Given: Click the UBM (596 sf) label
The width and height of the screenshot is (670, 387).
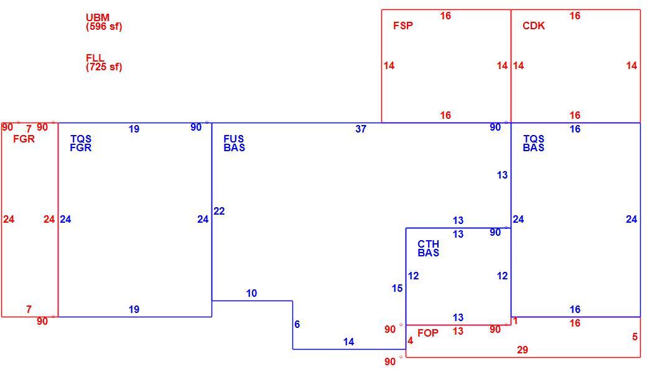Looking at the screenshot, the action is click(104, 22).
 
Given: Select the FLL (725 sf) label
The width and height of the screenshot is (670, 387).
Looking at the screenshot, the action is click(104, 62).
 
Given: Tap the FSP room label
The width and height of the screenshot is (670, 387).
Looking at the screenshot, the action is click(403, 26).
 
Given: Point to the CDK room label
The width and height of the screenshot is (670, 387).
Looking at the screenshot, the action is click(534, 26).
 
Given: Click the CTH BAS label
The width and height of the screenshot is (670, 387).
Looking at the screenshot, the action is click(428, 248).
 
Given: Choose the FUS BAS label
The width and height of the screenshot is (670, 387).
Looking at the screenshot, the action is click(234, 143).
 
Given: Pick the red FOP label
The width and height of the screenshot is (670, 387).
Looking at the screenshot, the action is click(428, 333).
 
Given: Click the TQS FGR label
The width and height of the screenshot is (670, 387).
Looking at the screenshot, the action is click(81, 143).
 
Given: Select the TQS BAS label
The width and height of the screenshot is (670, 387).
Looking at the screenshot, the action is click(534, 143).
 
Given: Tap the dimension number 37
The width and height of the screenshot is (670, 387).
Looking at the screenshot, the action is click(361, 129).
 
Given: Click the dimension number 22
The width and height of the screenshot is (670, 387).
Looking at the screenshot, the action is click(219, 211).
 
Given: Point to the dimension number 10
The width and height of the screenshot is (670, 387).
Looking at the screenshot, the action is click(251, 294).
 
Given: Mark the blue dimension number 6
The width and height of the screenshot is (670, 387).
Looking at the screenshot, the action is click(297, 324).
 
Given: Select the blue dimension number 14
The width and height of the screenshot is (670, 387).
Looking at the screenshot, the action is click(348, 342).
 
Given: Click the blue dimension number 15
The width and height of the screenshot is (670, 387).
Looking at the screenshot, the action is click(397, 288).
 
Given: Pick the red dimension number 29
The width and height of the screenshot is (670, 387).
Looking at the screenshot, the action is click(522, 350).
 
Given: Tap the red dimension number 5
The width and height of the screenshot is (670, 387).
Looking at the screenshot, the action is click(635, 337).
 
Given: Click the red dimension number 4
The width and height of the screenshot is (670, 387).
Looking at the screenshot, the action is click(410, 341).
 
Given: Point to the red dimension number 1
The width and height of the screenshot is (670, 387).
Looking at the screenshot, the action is click(515, 321).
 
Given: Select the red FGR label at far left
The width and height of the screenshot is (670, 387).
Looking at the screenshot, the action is click(24, 139).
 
